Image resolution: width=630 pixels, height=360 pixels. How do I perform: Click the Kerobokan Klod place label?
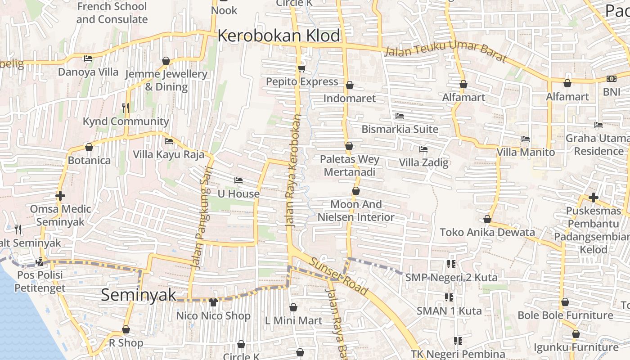pos(279,36)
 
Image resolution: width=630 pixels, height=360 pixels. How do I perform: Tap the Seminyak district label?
pos(138,295)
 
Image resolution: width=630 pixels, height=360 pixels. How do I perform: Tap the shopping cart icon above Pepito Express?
pos(301,69)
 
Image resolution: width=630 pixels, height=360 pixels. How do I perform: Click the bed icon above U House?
pos(238,180)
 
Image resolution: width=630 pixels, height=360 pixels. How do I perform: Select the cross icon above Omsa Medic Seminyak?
pos(60,196)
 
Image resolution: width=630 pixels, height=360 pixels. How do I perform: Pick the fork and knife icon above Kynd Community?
pos(126,108)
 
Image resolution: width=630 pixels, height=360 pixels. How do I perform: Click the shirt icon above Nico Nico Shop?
pos(213,302)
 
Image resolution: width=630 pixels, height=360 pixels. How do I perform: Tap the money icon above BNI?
pos(611,79)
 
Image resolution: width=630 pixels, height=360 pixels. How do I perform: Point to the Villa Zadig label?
pos(424,162)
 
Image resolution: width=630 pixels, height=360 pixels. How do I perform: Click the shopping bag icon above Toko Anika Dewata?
pos(487,219)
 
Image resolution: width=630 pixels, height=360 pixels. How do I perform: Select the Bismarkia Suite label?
pos(400,129)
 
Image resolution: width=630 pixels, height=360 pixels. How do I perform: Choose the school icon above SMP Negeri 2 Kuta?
pos(451,264)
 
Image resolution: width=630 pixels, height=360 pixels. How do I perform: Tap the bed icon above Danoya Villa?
pos(88,58)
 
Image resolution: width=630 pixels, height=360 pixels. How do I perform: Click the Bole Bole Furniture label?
pos(565,315)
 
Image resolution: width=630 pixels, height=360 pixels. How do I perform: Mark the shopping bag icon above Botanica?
pos(89,147)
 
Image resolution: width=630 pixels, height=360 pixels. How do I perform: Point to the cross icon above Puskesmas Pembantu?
pos(593,197)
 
